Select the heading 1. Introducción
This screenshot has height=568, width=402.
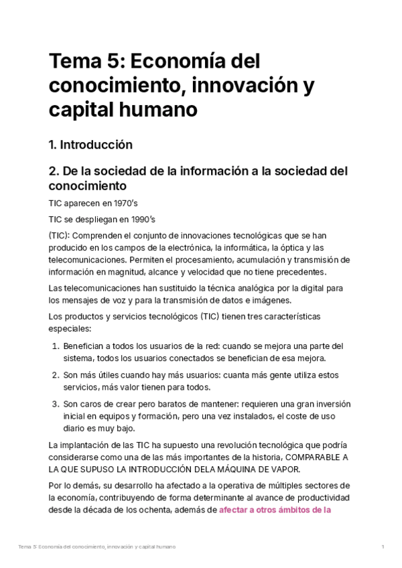click(x=90, y=145)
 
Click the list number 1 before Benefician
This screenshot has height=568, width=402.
click(x=55, y=346)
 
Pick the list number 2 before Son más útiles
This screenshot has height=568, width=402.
click(x=55, y=375)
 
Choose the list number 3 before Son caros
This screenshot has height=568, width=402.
click(x=55, y=405)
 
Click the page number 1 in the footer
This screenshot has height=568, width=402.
click(x=382, y=547)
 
